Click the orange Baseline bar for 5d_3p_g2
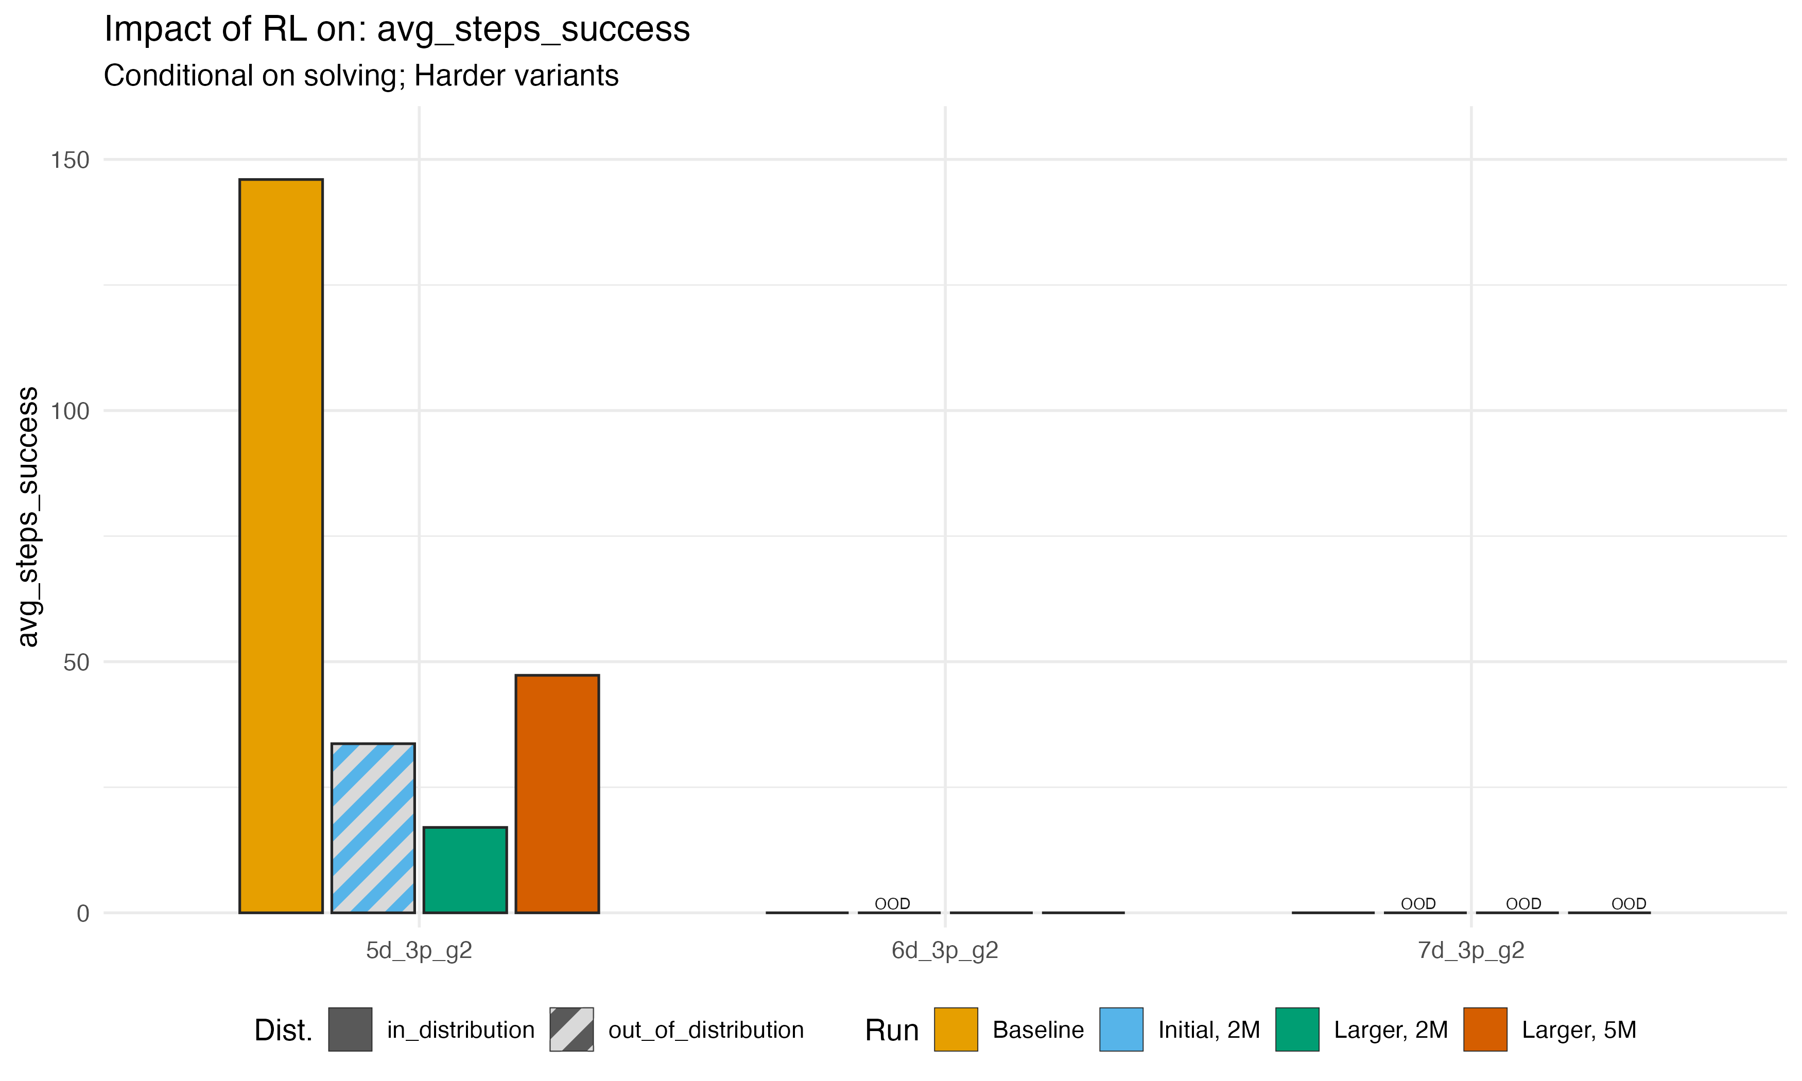pyautogui.click(x=281, y=546)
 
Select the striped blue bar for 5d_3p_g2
pyautogui.click(x=373, y=828)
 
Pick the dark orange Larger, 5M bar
pyautogui.click(x=557, y=793)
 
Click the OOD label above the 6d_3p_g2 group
pyautogui.click(x=892, y=903)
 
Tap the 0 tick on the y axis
pyautogui.click(x=82, y=914)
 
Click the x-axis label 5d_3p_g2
pyautogui.click(x=419, y=951)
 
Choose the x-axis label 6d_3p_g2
pyautogui.click(x=945, y=951)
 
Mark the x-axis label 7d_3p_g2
pyautogui.click(x=1470, y=951)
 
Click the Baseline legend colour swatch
pyautogui.click(x=956, y=1030)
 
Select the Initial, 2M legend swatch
pyautogui.click(x=1121, y=1030)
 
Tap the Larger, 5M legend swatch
pyautogui.click(x=1485, y=1030)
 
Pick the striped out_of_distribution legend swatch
pyautogui.click(x=572, y=1030)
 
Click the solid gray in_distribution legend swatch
pyautogui.click(x=350, y=1030)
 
